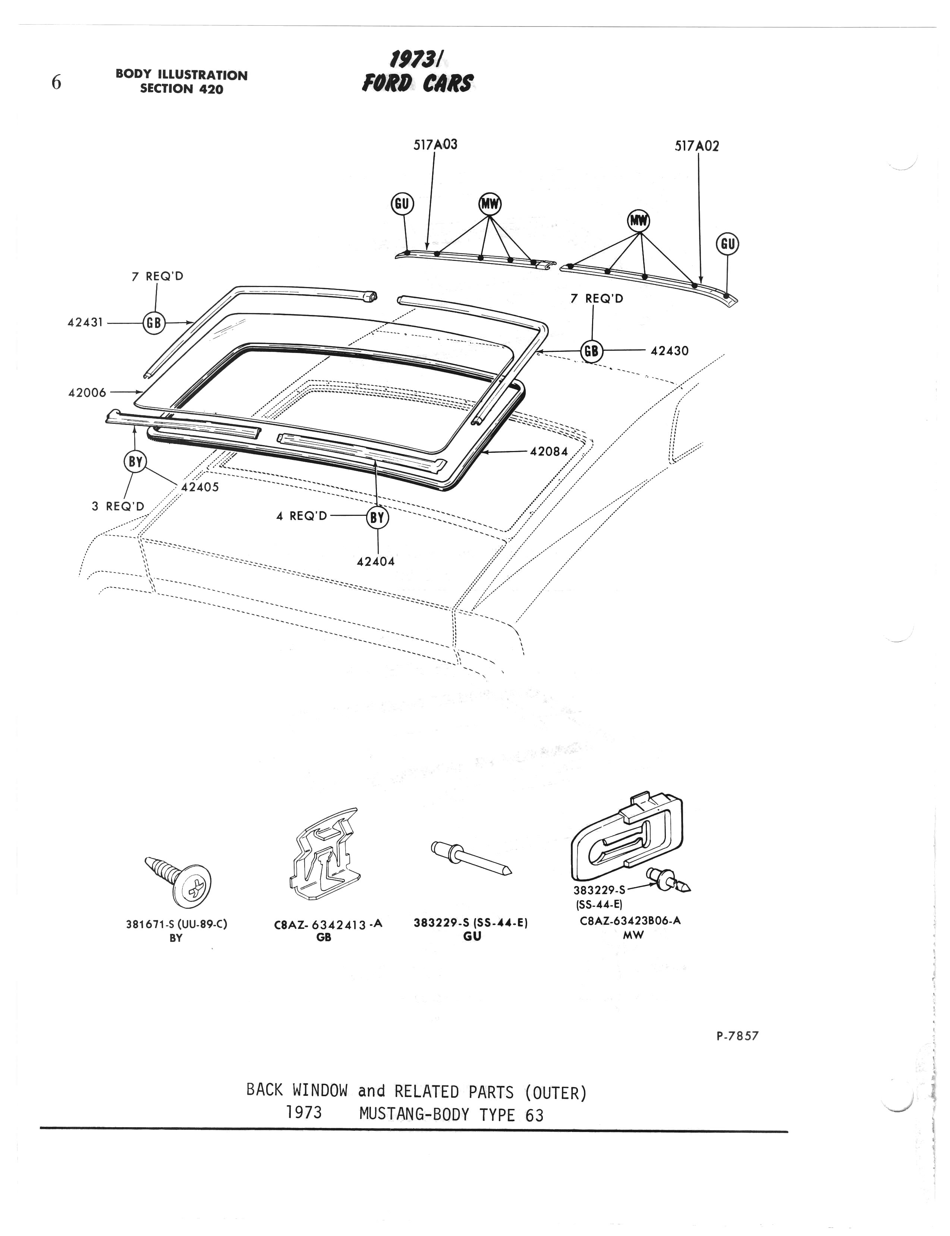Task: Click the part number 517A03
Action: pyautogui.click(x=435, y=145)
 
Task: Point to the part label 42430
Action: pyautogui.click(x=670, y=351)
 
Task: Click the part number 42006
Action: pyautogui.click(x=87, y=392)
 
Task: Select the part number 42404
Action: pyautogui.click(x=376, y=562)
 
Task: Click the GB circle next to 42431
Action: pyautogui.click(x=153, y=323)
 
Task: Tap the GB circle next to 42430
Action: pyautogui.click(x=591, y=351)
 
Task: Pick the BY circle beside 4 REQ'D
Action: pyautogui.click(x=378, y=517)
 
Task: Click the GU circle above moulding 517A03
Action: pyautogui.click(x=402, y=204)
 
